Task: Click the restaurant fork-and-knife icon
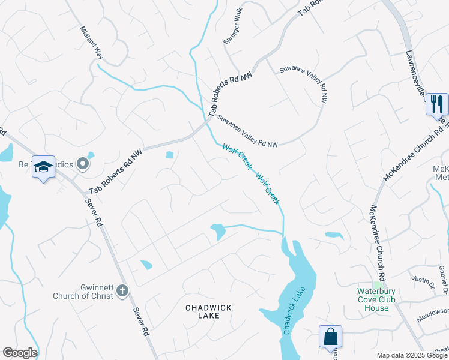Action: [437, 104]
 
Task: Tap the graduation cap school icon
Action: [43, 167]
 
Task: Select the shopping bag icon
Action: [330, 336]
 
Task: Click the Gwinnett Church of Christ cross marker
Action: [122, 291]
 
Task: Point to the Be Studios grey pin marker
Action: [83, 163]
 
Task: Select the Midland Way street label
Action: [92, 43]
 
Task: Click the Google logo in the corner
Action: [20, 353]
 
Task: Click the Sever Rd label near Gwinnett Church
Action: [140, 322]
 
